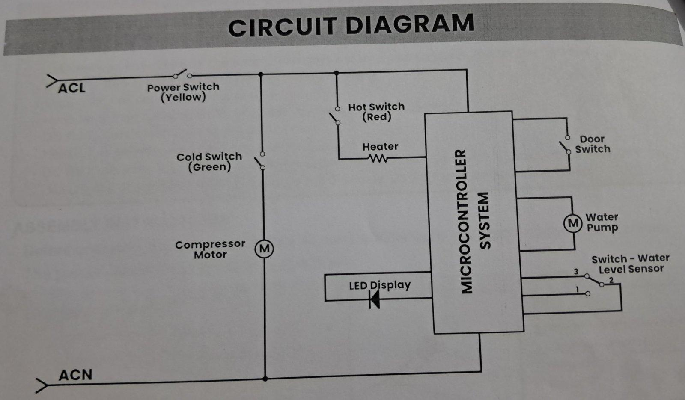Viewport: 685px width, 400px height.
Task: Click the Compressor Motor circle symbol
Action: pyautogui.click(x=264, y=249)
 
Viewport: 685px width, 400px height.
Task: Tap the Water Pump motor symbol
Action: pyautogui.click(x=572, y=223)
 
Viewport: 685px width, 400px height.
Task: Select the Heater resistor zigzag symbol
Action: pyautogui.click(x=377, y=158)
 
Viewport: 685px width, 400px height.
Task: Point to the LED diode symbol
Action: pyautogui.click(x=375, y=299)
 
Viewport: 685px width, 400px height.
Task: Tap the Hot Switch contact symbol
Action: pyautogui.click(x=334, y=116)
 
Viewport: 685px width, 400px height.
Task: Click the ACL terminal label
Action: pyautogui.click(x=71, y=88)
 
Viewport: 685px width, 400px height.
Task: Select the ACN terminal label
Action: pyautogui.click(x=75, y=375)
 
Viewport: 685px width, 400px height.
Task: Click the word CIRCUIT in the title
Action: pyautogui.click(x=283, y=27)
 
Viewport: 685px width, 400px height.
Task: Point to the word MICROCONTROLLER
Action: pyautogui.click(x=467, y=222)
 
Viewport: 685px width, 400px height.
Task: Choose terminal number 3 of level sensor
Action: pyautogui.click(x=576, y=272)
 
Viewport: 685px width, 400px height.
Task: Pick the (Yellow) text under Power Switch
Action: pyautogui.click(x=183, y=97)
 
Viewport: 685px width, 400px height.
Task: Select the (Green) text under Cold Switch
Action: pyautogui.click(x=209, y=167)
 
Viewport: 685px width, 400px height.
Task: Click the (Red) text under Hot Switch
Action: pyautogui.click(x=377, y=117)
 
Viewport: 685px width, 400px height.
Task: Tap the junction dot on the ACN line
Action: pyautogui.click(x=265, y=379)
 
